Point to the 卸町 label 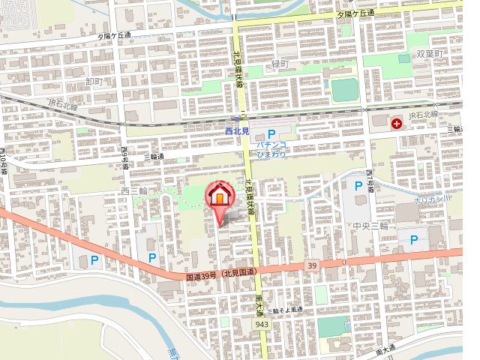[93, 80]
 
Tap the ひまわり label [271, 154]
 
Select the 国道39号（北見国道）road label [221, 274]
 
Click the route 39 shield [312, 265]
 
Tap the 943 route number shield [262, 324]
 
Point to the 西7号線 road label [370, 181]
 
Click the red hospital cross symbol [396, 121]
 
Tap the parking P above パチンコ [272, 133]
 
